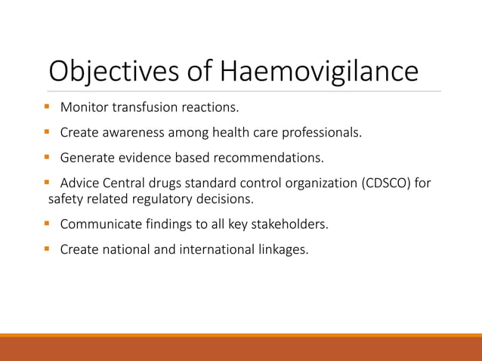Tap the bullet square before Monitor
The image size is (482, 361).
[48, 107]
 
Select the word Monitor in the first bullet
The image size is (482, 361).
[85, 108]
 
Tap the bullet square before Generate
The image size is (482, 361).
[48, 159]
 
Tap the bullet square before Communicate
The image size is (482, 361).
[48, 224]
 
